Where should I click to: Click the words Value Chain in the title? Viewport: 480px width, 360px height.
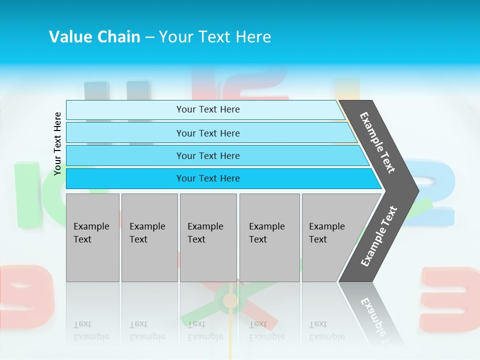(x=94, y=36)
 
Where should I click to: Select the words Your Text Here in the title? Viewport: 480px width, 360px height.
(x=215, y=36)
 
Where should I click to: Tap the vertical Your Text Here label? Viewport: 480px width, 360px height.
(x=57, y=143)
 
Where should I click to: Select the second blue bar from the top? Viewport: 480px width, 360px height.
(x=208, y=133)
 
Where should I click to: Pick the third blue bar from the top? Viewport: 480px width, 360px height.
(x=208, y=155)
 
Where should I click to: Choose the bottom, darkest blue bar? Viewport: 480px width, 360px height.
(x=208, y=178)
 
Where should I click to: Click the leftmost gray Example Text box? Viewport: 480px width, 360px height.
(x=92, y=237)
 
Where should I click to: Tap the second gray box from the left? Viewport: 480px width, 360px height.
(x=149, y=237)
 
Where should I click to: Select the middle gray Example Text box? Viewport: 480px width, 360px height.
(x=208, y=237)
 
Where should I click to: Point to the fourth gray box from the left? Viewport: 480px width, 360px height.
(x=269, y=237)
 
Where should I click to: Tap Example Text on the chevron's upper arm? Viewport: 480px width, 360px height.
(x=377, y=142)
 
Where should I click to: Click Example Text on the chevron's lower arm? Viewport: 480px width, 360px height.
(x=378, y=236)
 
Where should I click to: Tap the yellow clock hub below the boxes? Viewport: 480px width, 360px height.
(x=230, y=300)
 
